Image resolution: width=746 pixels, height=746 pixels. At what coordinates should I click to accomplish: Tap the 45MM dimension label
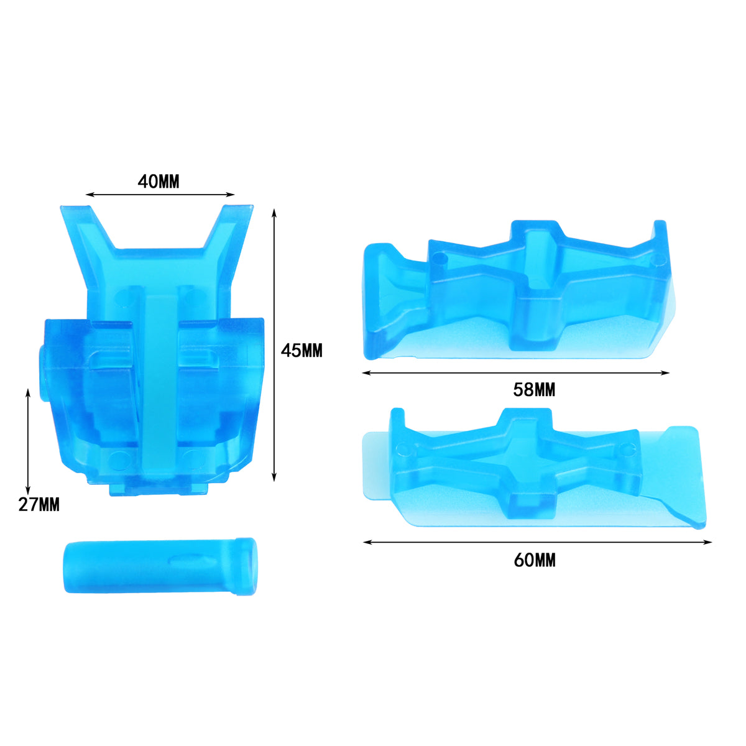(302, 351)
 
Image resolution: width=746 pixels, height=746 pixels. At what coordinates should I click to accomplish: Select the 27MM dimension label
(39, 505)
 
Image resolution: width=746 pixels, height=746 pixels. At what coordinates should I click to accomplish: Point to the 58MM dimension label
(534, 390)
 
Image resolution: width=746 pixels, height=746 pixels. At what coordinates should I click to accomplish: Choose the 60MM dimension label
(535, 560)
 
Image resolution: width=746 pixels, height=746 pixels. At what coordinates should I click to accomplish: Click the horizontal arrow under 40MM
(160, 195)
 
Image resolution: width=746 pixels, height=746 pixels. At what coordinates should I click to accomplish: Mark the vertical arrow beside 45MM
(274, 345)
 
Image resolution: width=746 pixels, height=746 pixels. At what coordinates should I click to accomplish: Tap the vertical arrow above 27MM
(28, 442)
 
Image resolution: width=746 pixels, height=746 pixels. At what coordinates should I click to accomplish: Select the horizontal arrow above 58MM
(515, 373)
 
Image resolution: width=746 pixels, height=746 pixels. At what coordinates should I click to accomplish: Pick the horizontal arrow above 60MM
(537, 542)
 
